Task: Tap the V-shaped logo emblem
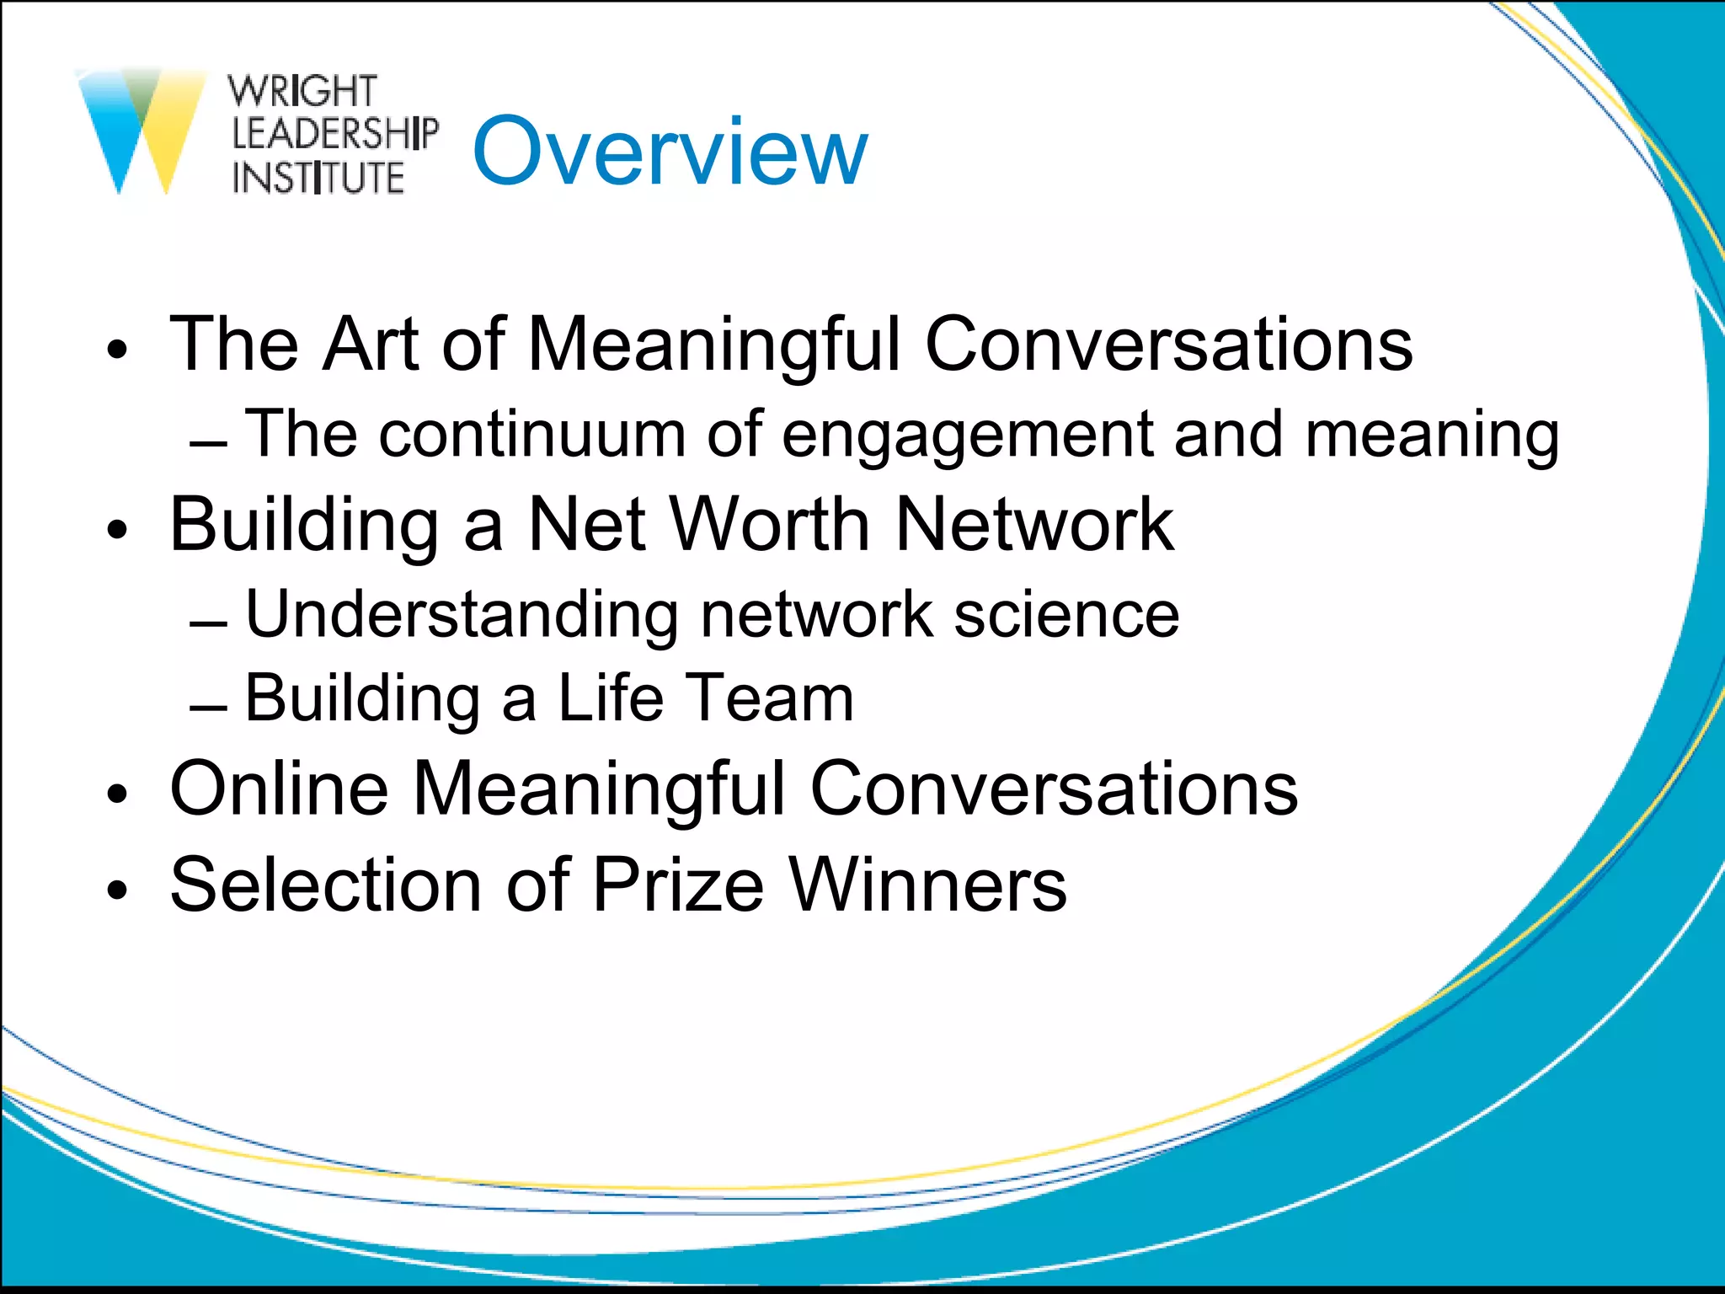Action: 142,126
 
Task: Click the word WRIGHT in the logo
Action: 302,91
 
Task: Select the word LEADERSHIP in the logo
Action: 334,134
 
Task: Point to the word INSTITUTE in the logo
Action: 318,178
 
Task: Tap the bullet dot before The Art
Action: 117,350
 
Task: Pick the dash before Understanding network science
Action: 208,624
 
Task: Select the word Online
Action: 279,789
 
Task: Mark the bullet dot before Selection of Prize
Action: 117,890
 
